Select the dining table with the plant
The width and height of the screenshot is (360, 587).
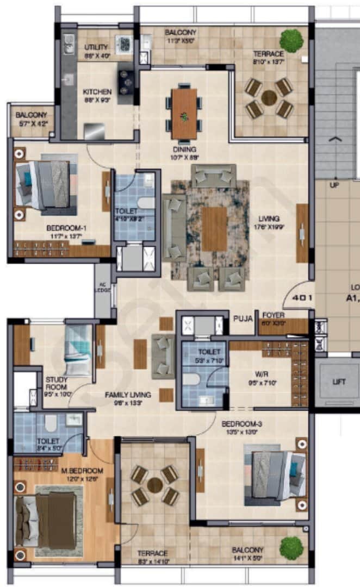coord(184,114)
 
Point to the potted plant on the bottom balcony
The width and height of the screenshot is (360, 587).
coord(291,546)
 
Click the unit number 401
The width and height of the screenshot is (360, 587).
coord(301,298)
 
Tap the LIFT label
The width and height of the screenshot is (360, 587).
coord(339,382)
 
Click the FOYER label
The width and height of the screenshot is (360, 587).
coord(274,315)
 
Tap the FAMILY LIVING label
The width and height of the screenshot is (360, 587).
coord(128,395)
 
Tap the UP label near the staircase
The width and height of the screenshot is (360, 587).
coord(334,185)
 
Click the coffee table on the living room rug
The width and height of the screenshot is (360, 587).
coord(214,228)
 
